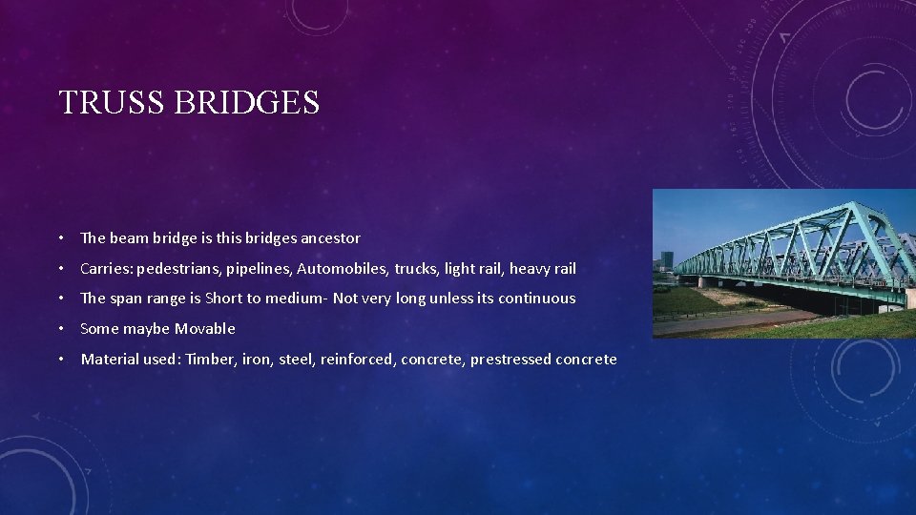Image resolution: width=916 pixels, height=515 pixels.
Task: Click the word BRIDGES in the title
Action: click(x=247, y=102)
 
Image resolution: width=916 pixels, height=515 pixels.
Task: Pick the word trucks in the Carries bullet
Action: click(x=418, y=268)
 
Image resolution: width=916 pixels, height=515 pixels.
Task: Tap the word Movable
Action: click(x=204, y=328)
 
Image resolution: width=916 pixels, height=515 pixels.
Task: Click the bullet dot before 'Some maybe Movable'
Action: click(x=60, y=328)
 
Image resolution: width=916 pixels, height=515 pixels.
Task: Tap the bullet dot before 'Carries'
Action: click(x=60, y=268)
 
